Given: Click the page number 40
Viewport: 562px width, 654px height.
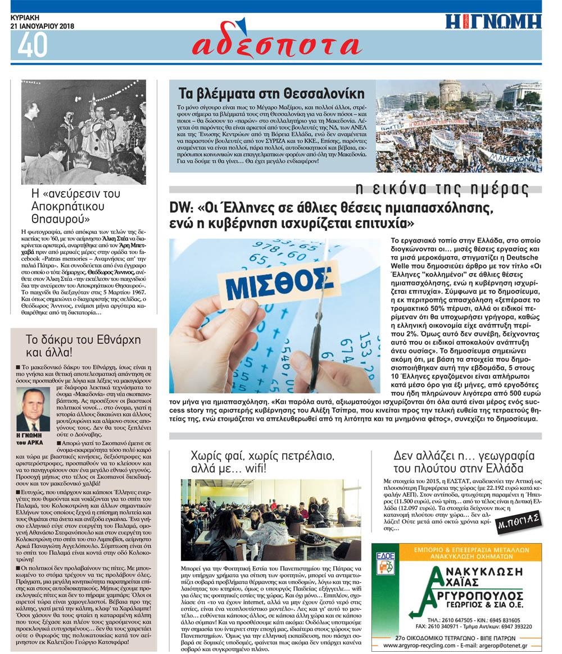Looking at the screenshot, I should (33, 45).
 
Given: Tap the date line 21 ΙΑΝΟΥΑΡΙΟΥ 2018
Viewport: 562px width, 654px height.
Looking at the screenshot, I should (43, 26).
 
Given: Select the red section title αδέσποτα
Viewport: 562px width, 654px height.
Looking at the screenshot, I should (275, 46).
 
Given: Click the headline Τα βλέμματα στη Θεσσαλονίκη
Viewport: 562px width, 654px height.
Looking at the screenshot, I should (271, 93).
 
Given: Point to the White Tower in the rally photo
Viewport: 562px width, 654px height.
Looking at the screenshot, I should (450, 93).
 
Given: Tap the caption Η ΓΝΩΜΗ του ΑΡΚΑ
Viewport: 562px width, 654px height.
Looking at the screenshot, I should (33, 439).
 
